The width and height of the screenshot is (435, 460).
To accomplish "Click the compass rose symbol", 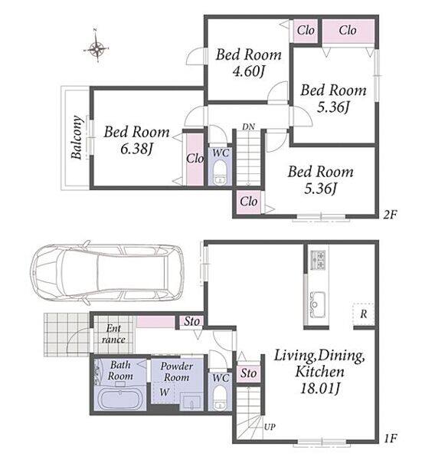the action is (x=96, y=47).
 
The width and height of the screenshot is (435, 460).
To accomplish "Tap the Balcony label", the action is (x=77, y=137).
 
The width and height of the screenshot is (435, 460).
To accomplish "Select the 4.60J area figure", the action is (x=249, y=71).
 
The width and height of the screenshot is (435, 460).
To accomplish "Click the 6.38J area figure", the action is (x=136, y=149).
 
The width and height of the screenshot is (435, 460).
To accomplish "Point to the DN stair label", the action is (x=248, y=127).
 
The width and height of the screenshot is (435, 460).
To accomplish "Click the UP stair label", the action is (x=270, y=427).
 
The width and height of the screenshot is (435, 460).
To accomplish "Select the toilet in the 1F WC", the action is (x=220, y=397).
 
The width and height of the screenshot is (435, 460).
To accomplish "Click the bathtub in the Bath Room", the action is (x=119, y=399).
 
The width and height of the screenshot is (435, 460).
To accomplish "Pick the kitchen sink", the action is (x=318, y=304).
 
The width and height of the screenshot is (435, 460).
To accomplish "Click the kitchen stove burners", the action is (x=318, y=260).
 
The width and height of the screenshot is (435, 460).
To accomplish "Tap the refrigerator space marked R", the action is (x=364, y=314).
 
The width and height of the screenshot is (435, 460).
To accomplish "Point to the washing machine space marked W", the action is (x=164, y=392).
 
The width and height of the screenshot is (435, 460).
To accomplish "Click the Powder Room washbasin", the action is (x=191, y=402).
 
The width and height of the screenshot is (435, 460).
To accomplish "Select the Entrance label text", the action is (x=113, y=333).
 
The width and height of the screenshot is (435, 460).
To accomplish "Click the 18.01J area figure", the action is (x=320, y=389).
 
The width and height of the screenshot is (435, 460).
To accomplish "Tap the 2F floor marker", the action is (x=390, y=215).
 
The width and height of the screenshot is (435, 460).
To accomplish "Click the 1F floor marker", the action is (x=390, y=439).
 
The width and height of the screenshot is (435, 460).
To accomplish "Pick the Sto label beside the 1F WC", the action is (x=249, y=373).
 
